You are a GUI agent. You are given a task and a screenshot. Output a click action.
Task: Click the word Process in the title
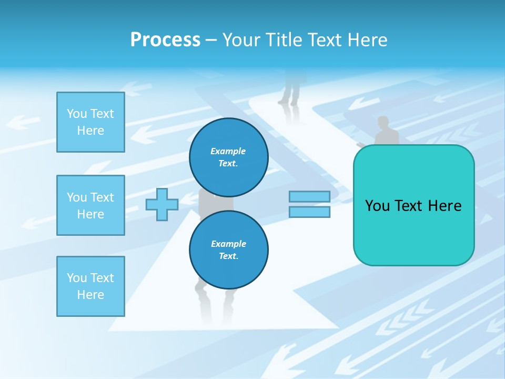[165, 40]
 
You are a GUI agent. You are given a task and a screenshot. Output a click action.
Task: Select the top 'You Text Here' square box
[90, 122]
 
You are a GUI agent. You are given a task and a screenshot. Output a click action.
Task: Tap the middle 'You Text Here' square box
[90, 205]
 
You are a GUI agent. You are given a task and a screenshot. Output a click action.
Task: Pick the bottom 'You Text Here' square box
[90, 286]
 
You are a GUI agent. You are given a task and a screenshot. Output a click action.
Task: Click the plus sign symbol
[162, 204]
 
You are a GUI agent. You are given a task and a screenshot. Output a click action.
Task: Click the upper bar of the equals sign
[309, 196]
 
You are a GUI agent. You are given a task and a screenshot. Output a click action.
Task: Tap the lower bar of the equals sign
[309, 212]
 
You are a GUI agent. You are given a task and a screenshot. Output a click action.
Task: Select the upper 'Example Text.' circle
[228, 157]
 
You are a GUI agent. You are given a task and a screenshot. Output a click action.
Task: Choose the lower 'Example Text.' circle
[228, 250]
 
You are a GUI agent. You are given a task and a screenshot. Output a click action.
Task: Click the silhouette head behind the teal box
[383, 122]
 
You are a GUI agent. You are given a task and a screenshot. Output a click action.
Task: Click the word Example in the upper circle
[228, 151]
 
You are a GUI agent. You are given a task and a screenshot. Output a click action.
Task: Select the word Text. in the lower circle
[228, 256]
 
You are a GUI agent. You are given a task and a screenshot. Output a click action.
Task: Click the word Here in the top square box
[90, 131]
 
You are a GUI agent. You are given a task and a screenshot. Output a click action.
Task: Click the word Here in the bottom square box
[90, 295]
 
